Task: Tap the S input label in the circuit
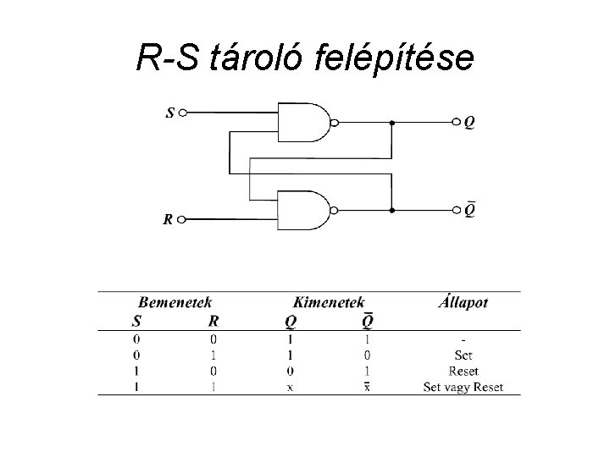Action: click(x=170, y=111)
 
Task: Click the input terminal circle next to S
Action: click(x=185, y=111)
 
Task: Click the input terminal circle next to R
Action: click(x=185, y=220)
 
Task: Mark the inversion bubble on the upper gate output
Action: click(x=334, y=123)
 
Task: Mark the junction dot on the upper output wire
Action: click(x=391, y=123)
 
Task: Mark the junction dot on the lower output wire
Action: click(x=391, y=208)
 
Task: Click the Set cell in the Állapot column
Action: click(x=463, y=355)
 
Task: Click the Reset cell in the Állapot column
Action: click(x=463, y=372)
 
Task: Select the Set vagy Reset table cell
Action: click(x=463, y=388)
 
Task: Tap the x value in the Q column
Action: click(x=291, y=388)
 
